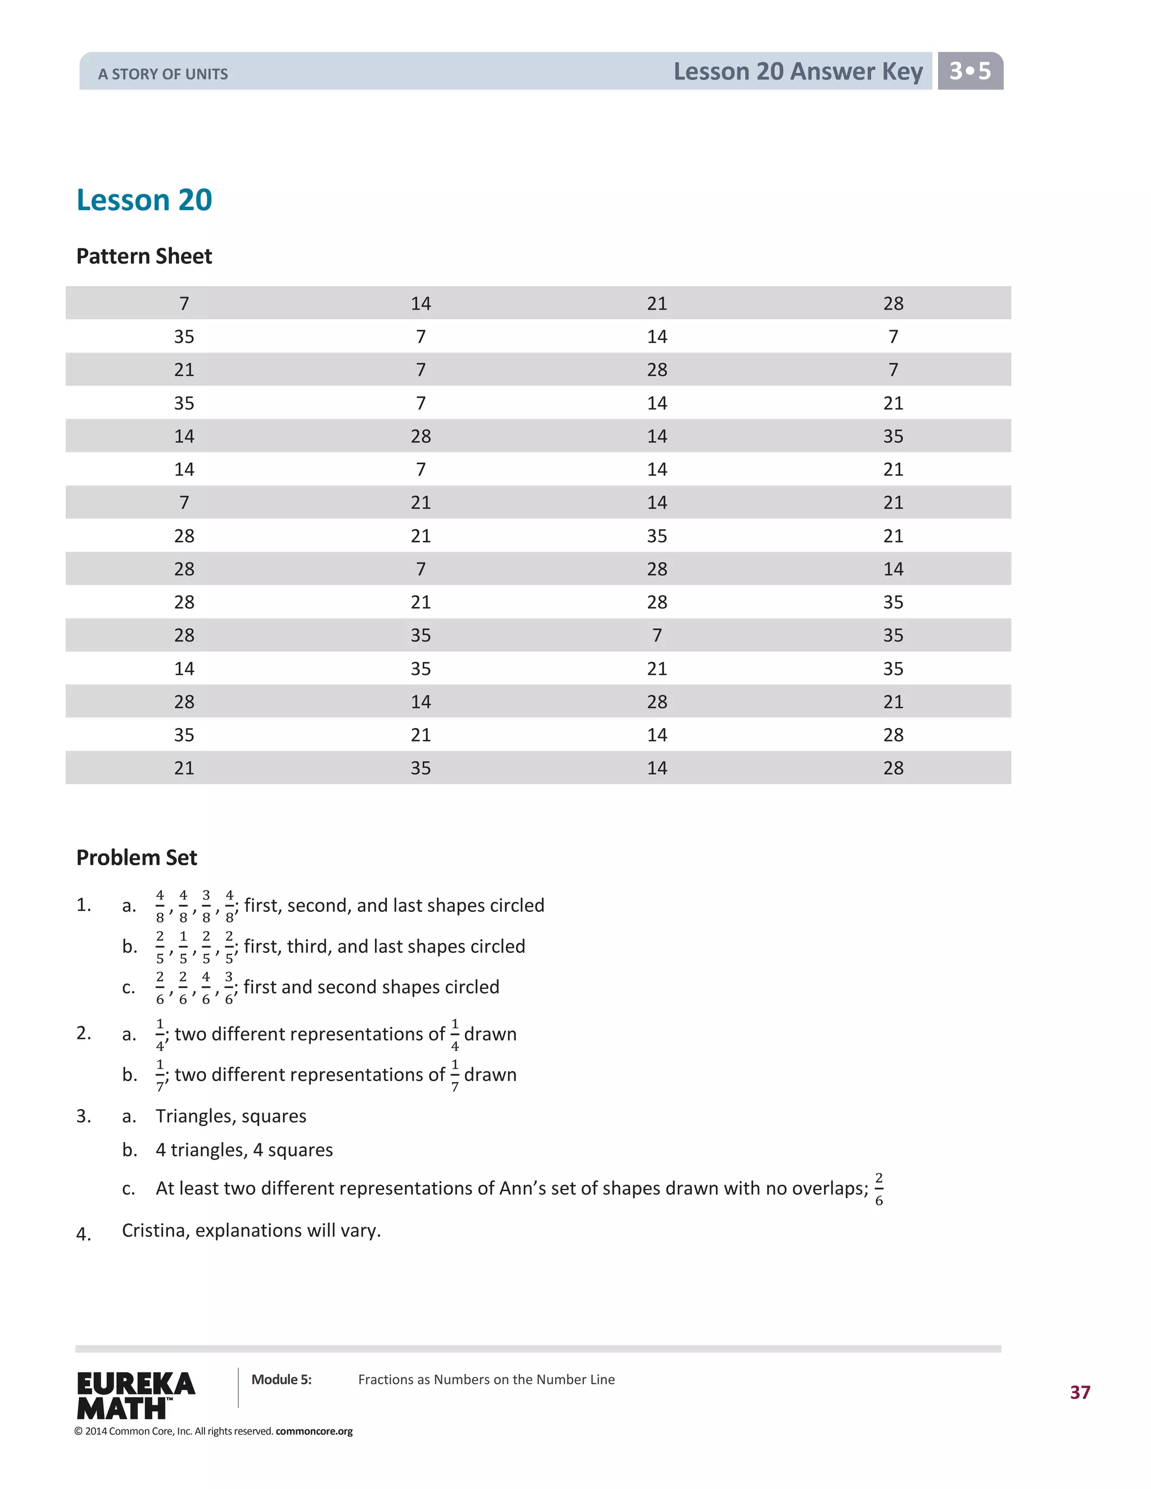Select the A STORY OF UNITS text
163,74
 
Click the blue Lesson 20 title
144,200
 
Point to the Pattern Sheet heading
144,256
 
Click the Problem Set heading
137,857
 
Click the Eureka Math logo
135,1395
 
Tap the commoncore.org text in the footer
314,1431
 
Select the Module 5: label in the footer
281,1379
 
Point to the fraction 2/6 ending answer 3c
878,1188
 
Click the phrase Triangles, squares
230,1116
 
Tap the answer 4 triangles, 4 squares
244,1150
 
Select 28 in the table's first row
892,303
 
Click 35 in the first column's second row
184,337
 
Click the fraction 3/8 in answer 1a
206,905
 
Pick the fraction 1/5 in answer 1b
183,946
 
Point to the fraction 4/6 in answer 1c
206,987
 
